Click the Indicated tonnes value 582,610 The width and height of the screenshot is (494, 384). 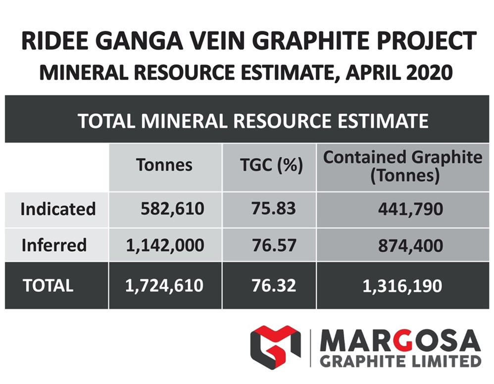pos(172,209)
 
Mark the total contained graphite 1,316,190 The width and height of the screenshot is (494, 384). pos(402,286)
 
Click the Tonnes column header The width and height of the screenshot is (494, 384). pos(164,165)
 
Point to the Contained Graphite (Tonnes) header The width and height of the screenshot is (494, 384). pos(402,166)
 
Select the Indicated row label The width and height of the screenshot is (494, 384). pos(58,209)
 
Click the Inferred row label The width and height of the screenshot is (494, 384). pos(54,245)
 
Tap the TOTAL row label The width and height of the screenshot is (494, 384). pos(48,286)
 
